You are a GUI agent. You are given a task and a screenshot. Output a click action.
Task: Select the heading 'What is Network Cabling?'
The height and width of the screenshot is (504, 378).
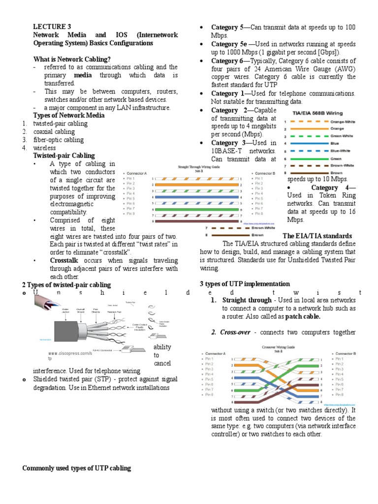coord(71,59)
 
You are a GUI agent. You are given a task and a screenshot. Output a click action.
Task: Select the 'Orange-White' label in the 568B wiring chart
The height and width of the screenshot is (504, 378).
coord(344,121)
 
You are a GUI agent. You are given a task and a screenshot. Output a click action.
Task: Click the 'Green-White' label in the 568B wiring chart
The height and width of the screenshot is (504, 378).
coord(344,136)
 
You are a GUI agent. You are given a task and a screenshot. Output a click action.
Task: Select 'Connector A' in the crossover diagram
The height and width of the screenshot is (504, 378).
coord(215,354)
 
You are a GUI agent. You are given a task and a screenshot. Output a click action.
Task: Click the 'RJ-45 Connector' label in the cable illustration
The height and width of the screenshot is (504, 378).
coord(101,350)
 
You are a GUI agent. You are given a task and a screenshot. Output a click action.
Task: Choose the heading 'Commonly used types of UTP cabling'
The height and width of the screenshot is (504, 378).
coord(77,468)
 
